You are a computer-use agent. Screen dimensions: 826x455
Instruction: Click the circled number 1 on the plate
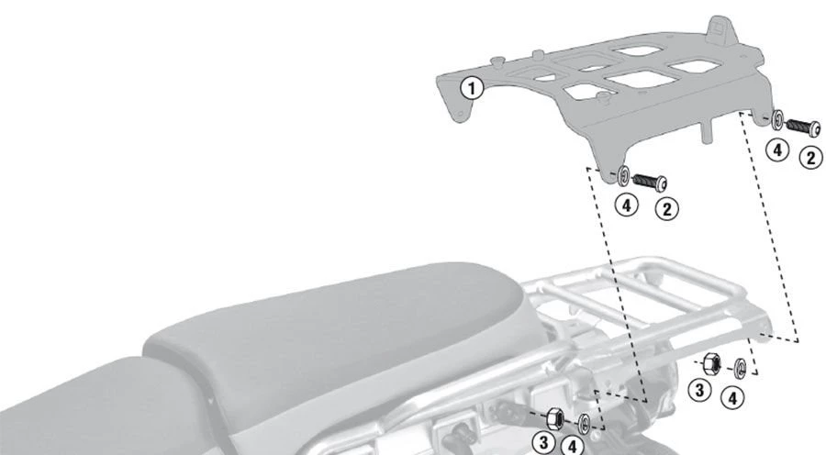pos(472,88)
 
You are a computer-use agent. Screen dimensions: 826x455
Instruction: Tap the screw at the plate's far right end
pos(803,127)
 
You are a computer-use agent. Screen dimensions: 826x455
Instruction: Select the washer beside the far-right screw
pos(777,119)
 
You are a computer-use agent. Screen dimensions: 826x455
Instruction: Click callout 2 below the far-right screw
pos(810,158)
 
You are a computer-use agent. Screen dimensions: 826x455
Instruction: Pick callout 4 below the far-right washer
pos(777,150)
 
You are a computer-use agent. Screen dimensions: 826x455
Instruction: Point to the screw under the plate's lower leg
pos(650,182)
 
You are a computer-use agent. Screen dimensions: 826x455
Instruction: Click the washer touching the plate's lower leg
pos(624,175)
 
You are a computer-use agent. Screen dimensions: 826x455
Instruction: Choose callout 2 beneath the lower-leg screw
pos(666,209)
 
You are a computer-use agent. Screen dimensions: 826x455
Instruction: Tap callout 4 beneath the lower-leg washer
pos(626,205)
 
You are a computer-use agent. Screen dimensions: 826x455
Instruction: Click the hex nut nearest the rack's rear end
pos(711,364)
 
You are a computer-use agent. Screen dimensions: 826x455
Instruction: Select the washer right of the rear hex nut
pos(740,368)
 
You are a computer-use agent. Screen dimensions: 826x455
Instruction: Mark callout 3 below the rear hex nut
pos(699,390)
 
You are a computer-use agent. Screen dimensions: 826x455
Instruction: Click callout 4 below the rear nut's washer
pos(732,397)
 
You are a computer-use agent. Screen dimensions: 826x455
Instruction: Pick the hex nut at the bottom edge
pos(554,418)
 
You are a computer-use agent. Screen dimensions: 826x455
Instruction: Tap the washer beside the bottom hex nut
pos(585,423)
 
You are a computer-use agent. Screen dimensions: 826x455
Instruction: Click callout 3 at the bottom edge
pos(543,443)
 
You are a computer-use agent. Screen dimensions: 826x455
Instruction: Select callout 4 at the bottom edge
pos(572,446)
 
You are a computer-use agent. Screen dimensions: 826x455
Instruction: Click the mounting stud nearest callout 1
pos(496,62)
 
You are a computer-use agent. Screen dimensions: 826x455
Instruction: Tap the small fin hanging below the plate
pos(707,130)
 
